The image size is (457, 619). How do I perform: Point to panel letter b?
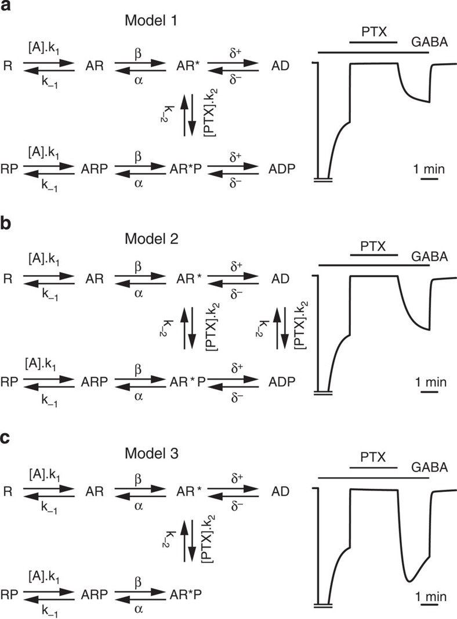7,222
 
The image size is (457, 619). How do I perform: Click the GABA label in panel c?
430,466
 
